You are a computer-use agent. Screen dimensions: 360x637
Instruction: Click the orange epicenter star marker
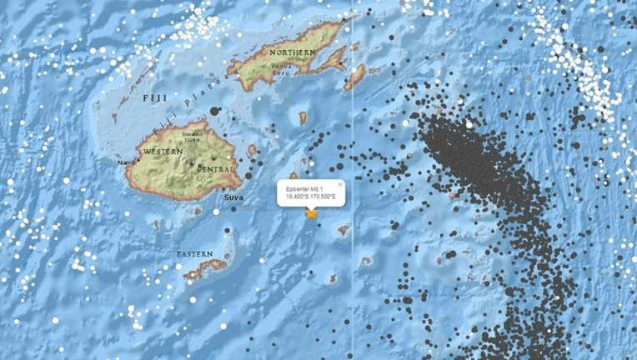[312, 213]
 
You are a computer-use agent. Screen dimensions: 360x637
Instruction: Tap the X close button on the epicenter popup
[340, 182]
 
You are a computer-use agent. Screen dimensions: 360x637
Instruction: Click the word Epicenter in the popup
[298, 188]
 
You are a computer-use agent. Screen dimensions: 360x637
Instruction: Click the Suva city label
[234, 197]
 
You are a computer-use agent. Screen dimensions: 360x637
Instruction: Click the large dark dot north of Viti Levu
[216, 111]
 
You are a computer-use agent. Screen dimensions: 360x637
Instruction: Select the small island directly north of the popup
[293, 176]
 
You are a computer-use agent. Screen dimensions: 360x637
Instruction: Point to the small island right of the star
[343, 230]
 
